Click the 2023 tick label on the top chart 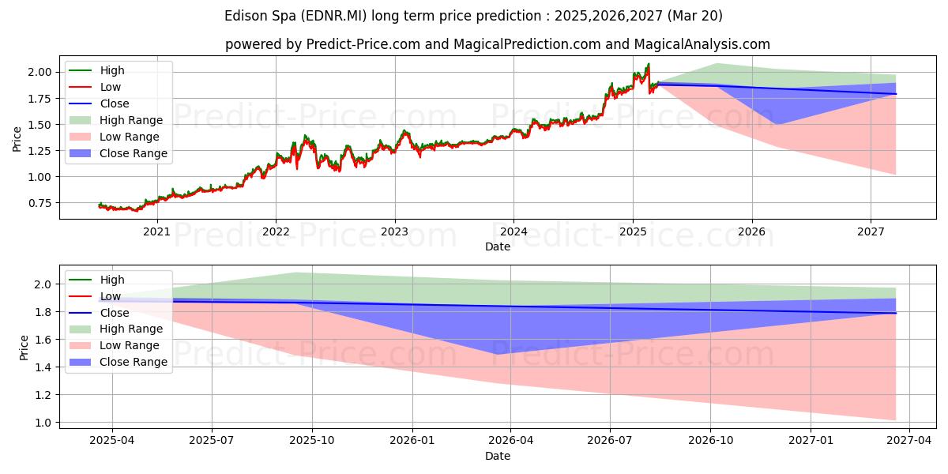click(394, 232)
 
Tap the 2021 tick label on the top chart click(156, 232)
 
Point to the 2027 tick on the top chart click(871, 232)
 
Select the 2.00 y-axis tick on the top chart click(39, 72)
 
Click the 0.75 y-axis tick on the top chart click(39, 203)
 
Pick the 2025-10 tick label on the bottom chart click(312, 441)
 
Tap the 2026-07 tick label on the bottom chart click(610, 441)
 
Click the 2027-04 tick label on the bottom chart click(909, 441)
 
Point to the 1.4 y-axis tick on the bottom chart click(43, 367)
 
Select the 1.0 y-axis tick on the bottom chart click(43, 423)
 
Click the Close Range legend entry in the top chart click(118, 153)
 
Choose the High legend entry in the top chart click(96, 70)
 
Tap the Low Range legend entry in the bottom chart click(114, 345)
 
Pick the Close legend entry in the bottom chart click(99, 313)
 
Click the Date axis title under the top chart click(497, 246)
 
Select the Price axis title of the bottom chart click(24, 348)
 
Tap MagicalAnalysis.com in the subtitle click(702, 44)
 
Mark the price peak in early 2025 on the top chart click(649, 64)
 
